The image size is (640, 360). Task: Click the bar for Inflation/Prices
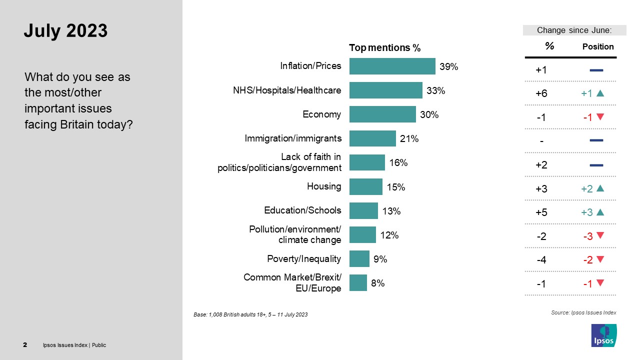coord(392,66)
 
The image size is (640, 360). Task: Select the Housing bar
coord(365,187)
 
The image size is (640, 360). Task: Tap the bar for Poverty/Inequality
coord(359,259)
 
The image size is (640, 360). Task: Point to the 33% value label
coord(435,91)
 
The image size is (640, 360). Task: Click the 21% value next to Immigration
coord(409,139)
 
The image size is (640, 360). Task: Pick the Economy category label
coord(321,114)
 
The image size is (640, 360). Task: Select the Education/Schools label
coord(302,210)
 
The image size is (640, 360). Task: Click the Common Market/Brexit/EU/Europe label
coord(292,283)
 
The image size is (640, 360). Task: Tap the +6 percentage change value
coord(541,93)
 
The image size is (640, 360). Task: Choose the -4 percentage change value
coord(541,259)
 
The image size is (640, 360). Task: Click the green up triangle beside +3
coord(600,212)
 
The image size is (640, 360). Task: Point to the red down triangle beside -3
coord(600,235)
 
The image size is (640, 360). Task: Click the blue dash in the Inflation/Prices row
coord(596,70)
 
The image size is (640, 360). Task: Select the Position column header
coord(597,46)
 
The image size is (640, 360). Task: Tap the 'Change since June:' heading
coord(574,30)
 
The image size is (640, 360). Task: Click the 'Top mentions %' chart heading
coord(384,48)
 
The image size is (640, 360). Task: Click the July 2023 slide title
coord(65,31)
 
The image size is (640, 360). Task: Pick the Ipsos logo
coord(603,335)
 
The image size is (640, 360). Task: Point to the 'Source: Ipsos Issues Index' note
coord(583,312)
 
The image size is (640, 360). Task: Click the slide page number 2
coord(25,345)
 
